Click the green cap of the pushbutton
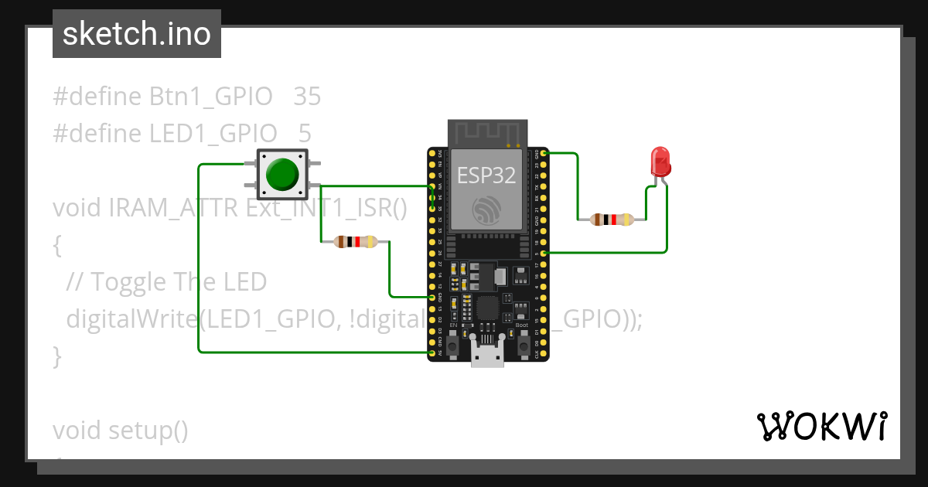281,174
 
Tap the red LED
660,162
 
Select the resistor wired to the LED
612,220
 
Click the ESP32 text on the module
486,175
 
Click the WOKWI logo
821,426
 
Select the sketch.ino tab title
137,34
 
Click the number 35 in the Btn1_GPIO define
307,97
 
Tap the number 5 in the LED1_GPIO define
305,133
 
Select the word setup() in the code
148,430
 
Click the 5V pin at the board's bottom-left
432,352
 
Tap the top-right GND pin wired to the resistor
544,153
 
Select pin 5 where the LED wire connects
544,253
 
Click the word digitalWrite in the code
131,318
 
